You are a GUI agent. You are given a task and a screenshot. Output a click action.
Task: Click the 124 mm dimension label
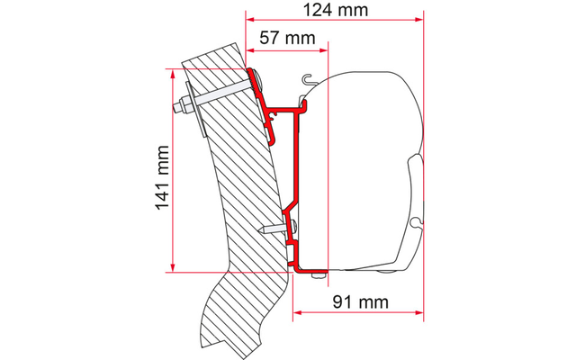pyautogui.click(x=336, y=10)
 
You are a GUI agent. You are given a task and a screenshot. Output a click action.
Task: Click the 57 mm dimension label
pyautogui.click(x=287, y=38)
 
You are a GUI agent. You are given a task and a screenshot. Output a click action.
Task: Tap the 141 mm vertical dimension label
pyautogui.click(x=162, y=178)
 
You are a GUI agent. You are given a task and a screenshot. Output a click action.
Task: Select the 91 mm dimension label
pyautogui.click(x=360, y=302)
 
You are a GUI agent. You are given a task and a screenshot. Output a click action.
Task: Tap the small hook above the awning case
pyautogui.click(x=310, y=78)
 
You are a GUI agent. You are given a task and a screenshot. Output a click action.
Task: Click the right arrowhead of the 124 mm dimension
pyautogui.click(x=419, y=20)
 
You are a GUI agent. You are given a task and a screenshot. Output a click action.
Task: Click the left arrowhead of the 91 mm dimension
pyautogui.click(x=297, y=312)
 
